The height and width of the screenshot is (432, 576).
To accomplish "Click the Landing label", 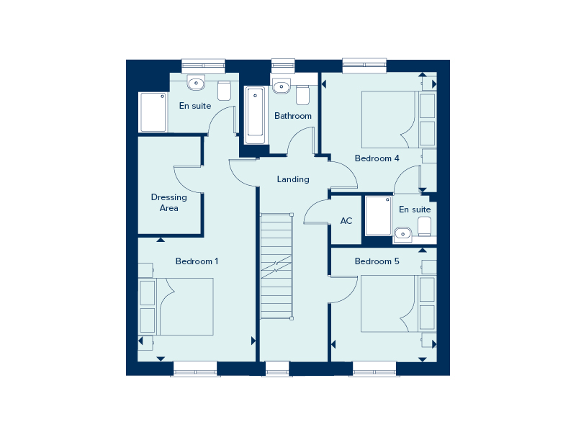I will click(x=293, y=179).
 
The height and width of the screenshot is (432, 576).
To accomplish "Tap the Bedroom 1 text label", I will click(x=197, y=261).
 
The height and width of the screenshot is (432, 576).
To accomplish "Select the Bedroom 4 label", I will click(x=377, y=158).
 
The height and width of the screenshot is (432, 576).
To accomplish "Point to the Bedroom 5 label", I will click(x=377, y=261).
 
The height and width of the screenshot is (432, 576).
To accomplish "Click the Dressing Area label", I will click(x=168, y=202).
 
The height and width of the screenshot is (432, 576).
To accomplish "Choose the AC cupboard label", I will click(x=346, y=220).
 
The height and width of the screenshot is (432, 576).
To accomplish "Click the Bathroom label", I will click(x=293, y=116).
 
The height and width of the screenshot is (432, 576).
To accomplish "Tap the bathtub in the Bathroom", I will click(x=255, y=114).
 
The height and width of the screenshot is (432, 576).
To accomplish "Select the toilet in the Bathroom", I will click(x=302, y=94).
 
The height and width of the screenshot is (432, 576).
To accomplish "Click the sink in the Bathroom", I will click(x=282, y=86).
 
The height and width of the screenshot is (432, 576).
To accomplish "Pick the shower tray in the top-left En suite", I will click(x=153, y=112).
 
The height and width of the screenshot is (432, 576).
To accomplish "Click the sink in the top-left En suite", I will click(x=197, y=83).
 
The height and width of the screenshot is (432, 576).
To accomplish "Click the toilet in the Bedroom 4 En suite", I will click(x=424, y=226).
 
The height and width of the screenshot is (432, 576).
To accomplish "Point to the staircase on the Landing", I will click(x=277, y=266).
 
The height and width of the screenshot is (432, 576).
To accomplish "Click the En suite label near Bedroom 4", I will click(x=415, y=210).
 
